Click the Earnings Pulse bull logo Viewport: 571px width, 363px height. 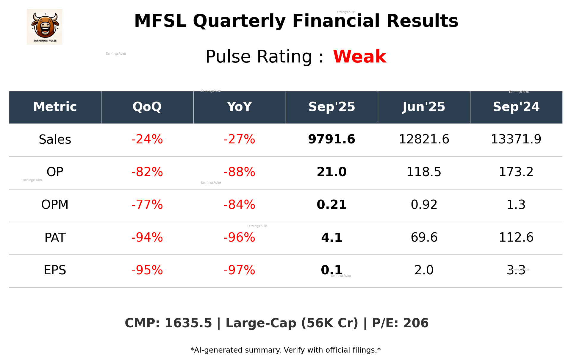[x=45, y=27]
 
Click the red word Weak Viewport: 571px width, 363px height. [x=359, y=57]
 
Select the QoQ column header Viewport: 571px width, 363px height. [x=147, y=107]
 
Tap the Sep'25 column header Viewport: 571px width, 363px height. [x=331, y=107]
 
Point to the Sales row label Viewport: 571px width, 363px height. [x=55, y=140]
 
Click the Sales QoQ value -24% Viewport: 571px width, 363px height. [x=147, y=140]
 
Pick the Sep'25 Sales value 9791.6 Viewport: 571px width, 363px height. [x=331, y=140]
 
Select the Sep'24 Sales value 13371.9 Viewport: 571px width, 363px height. [x=516, y=140]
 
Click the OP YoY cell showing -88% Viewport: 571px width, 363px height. [x=239, y=172]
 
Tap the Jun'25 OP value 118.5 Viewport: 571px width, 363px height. [x=424, y=172]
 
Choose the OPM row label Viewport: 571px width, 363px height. [x=55, y=205]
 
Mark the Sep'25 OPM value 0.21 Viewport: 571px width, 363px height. [x=331, y=205]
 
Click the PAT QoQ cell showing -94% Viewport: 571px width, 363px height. [x=147, y=238]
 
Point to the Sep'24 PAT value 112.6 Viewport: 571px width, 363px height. [x=516, y=238]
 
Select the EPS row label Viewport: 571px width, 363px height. [x=55, y=270]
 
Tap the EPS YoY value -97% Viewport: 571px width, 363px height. [x=239, y=270]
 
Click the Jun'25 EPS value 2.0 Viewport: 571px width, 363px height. [x=424, y=270]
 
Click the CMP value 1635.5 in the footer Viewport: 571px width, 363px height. [x=188, y=323]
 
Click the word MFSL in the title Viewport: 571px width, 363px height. [x=160, y=21]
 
